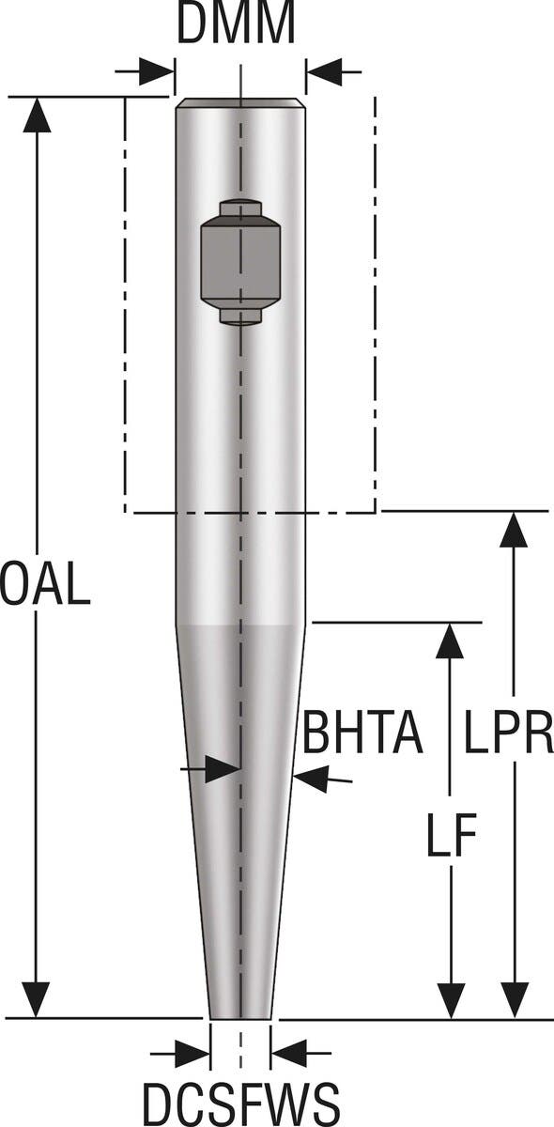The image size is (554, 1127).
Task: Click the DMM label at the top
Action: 237,26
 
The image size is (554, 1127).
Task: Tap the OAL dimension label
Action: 45,584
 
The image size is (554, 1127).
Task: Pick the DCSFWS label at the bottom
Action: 240,1101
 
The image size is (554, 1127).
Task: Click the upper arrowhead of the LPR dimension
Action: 513,530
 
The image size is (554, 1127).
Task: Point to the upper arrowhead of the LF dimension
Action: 451,641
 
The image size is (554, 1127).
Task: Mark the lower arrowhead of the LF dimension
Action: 451,998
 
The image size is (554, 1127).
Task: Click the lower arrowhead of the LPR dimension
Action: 513,998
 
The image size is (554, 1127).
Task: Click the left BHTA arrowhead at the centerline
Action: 223,770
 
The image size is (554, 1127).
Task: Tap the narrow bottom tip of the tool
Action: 240,1011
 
